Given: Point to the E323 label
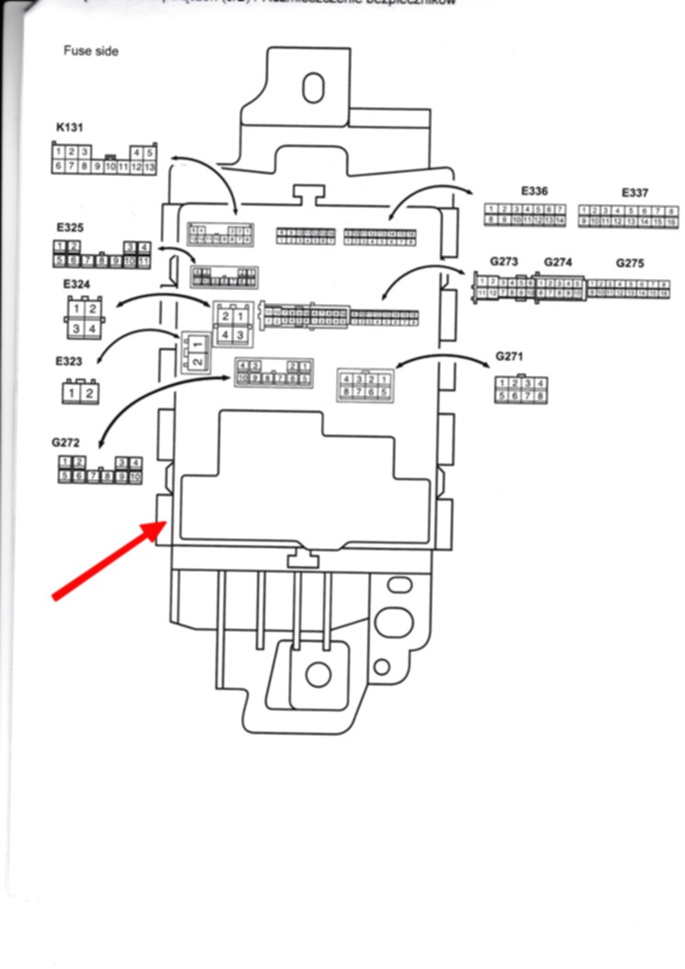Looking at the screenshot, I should pyautogui.click(x=68, y=362).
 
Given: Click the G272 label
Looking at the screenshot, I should pyautogui.click(x=66, y=443).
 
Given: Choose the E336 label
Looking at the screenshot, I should pyautogui.click(x=534, y=192).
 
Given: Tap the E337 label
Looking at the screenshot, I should pyautogui.click(x=635, y=193).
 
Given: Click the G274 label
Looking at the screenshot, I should pyautogui.click(x=558, y=262).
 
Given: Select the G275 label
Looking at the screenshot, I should pyautogui.click(x=630, y=263).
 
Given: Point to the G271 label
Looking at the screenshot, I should pyautogui.click(x=509, y=356).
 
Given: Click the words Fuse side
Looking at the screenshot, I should pyautogui.click(x=90, y=52).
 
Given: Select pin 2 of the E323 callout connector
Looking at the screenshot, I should pyautogui.click(x=89, y=394).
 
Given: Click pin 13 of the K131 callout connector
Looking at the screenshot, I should pyautogui.click(x=149, y=167).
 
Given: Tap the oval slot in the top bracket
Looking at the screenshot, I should pyautogui.click(x=314, y=88).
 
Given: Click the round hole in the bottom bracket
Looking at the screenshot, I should pyautogui.click(x=318, y=674).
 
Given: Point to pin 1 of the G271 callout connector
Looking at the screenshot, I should pyautogui.click(x=502, y=384).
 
